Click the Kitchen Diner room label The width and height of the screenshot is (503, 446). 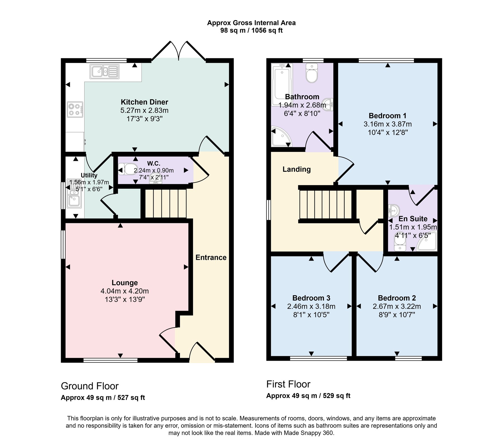click(144, 102)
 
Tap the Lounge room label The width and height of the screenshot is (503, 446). click(125, 283)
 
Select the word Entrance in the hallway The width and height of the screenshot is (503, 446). click(211, 257)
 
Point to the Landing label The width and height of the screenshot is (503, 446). click(297, 169)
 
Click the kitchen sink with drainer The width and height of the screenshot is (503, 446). click(104, 71)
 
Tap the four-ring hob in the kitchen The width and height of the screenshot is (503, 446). click(75, 109)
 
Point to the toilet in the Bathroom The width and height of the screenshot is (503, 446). click(312, 73)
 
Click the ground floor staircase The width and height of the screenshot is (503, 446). click(166, 203)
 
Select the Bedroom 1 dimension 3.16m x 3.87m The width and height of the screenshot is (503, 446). click(388, 124)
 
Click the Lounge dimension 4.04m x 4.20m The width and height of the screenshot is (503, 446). click(125, 291)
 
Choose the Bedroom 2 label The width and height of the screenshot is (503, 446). click(397, 298)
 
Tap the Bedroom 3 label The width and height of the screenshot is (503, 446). click(311, 298)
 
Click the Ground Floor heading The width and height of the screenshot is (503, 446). click(90, 386)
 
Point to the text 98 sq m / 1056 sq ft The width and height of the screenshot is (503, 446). click(251, 30)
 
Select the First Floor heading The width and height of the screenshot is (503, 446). click(288, 384)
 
